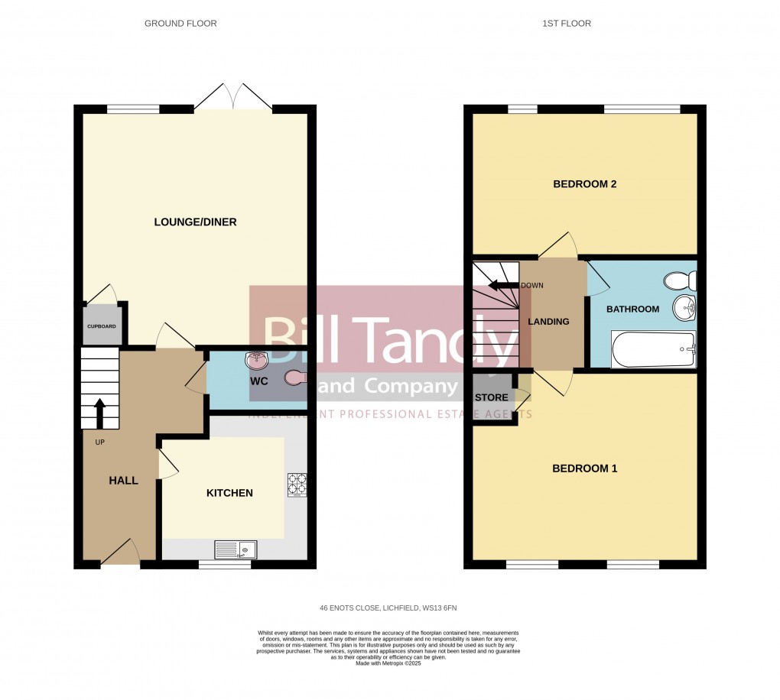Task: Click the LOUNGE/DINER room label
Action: (x=195, y=222)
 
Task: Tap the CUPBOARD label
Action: (x=101, y=326)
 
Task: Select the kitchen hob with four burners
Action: (x=296, y=484)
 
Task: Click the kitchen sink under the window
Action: (x=236, y=549)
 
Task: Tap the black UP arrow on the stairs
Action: (x=99, y=413)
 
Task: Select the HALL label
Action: (x=123, y=481)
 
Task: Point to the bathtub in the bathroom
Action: (x=654, y=350)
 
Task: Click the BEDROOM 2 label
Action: (x=584, y=184)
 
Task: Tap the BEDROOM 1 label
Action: (x=584, y=468)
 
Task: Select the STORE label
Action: (x=491, y=397)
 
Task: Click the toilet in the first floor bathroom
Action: (x=678, y=281)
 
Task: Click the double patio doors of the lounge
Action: (x=234, y=97)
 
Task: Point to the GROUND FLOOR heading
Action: (x=180, y=24)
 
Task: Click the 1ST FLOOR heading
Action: (x=567, y=24)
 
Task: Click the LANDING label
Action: (x=548, y=322)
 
